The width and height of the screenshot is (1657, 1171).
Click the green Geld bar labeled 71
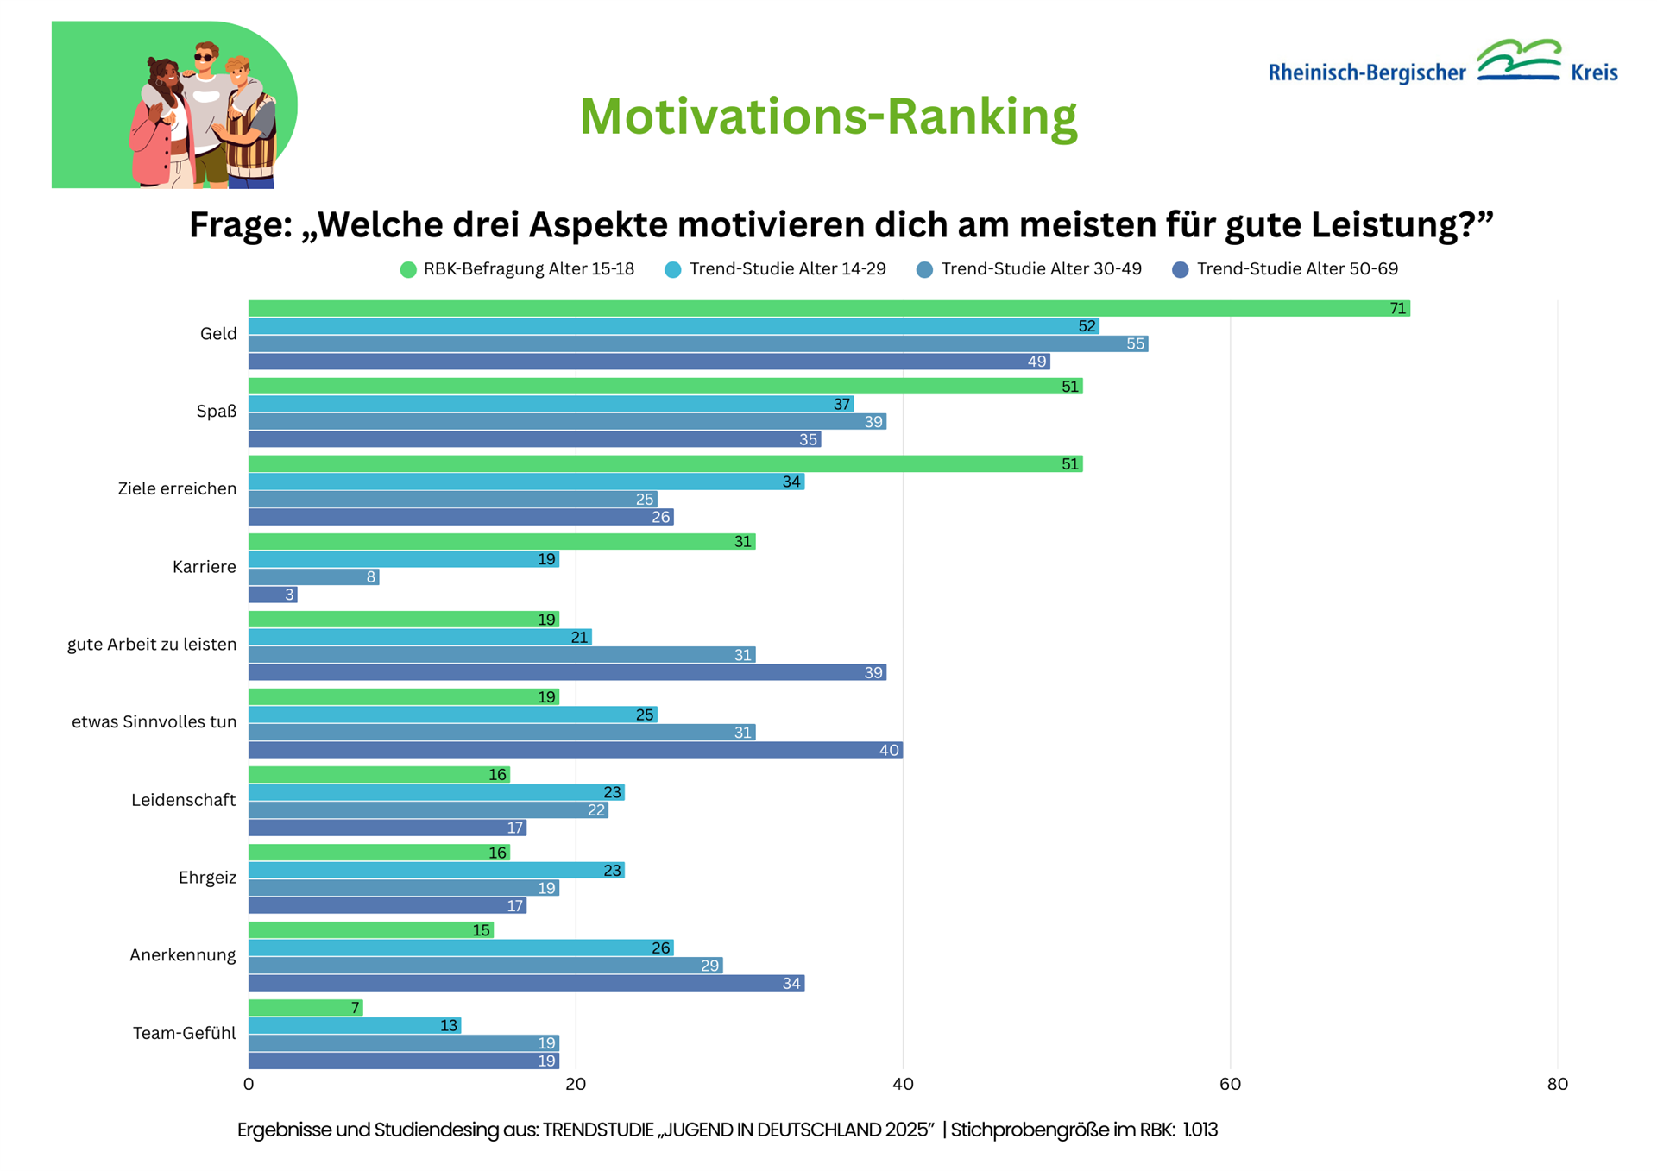coord(828,308)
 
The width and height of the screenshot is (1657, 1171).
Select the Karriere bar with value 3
coord(273,595)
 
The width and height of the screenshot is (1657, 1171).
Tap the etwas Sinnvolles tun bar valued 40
coord(575,750)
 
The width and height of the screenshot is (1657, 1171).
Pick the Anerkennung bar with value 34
coord(526,983)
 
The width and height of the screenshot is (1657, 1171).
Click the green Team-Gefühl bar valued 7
coord(306,1007)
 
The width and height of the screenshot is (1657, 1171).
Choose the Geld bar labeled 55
coord(697,343)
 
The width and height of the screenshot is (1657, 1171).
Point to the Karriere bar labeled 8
coord(313,576)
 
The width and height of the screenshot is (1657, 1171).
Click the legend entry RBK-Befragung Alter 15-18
coord(518,269)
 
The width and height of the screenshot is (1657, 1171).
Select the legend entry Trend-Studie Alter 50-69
coord(1286,269)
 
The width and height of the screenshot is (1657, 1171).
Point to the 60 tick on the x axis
coord(1230,1084)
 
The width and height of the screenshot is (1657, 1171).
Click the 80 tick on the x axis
coord(1557,1084)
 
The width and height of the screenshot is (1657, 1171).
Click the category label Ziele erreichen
coord(177,488)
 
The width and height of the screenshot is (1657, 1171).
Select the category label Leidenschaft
coord(183,800)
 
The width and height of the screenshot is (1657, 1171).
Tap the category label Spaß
coord(216,411)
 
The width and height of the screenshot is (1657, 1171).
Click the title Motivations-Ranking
coord(828,116)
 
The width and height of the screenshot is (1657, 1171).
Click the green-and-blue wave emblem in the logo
coord(1519,60)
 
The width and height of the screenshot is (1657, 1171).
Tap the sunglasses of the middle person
coord(204,58)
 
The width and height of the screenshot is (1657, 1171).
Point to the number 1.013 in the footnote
coord(1200,1130)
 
